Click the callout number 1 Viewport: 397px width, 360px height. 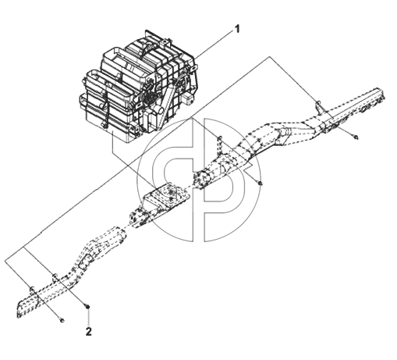(236, 29)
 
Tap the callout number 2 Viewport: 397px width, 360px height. (89, 332)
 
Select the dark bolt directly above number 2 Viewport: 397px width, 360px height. (88, 307)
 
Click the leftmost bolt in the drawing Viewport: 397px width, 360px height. (62, 320)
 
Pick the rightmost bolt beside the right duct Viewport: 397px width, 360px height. (356, 137)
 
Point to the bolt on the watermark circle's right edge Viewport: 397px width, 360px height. (260, 184)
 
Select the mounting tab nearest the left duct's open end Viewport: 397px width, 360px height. (32, 290)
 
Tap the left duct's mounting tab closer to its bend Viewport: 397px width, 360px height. (55, 277)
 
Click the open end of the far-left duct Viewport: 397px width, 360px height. (20, 310)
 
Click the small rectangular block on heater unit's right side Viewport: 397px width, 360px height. (187, 98)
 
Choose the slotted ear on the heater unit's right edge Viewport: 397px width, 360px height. (194, 69)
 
